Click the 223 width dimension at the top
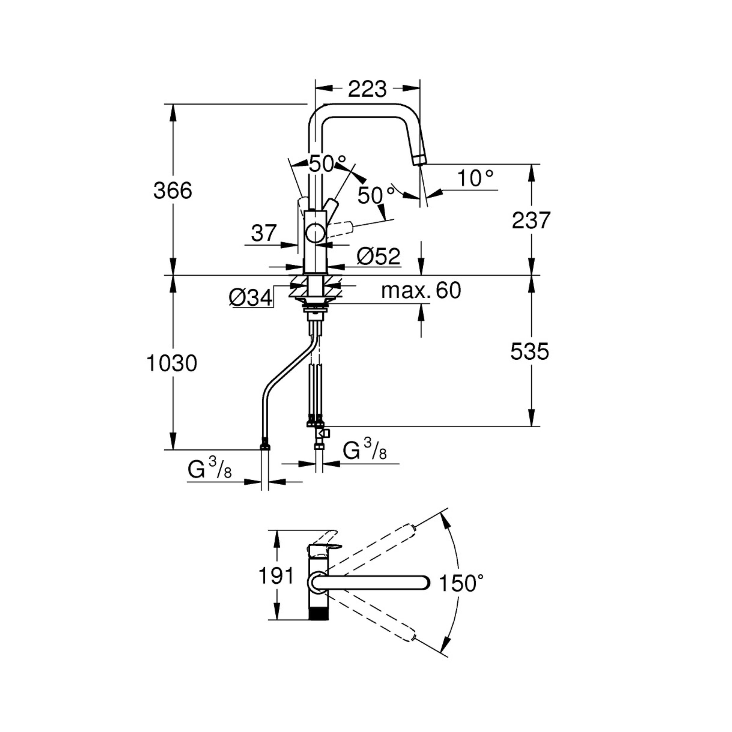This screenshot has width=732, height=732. click(x=367, y=89)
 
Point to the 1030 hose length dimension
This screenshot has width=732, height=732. click(x=172, y=363)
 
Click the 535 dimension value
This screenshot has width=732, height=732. click(x=530, y=351)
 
